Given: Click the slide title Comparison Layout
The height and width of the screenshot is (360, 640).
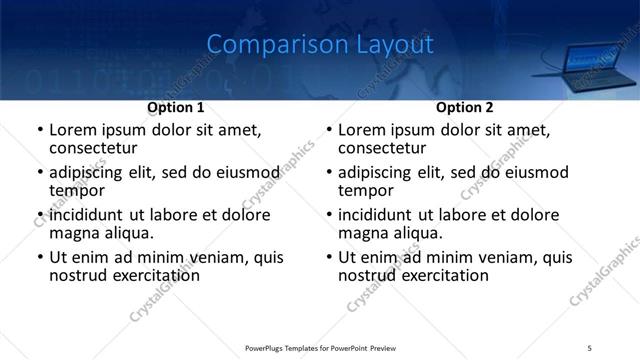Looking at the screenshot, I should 320,45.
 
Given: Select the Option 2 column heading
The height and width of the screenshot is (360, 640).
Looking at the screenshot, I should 464,107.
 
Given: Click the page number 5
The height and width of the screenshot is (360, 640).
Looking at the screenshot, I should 590,347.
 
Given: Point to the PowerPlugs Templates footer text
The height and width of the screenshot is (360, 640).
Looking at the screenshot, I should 320,347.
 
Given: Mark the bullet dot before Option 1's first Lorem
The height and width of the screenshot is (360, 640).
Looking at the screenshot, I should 40,131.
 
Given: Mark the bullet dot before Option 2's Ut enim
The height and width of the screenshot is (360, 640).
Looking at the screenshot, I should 329,258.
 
